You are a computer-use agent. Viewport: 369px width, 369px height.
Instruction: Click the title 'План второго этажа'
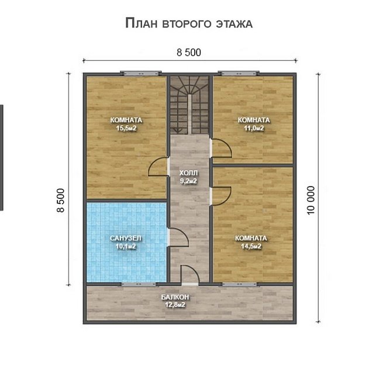(x=189, y=23)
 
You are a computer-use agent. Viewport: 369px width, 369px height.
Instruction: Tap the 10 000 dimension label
(x=311, y=200)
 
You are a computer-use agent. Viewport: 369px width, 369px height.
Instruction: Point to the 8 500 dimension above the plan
(x=189, y=53)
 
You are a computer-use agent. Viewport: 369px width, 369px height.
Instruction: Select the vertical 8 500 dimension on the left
(x=60, y=200)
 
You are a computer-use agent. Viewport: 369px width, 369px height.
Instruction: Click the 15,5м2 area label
(x=126, y=129)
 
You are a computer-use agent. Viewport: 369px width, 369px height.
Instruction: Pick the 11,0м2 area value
(x=254, y=129)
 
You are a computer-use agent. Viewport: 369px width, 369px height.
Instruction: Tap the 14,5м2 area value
(x=251, y=246)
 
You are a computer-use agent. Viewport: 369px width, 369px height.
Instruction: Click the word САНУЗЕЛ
(x=126, y=238)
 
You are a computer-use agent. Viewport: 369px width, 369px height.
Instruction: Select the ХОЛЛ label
(x=188, y=173)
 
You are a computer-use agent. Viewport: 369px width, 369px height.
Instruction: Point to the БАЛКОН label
(x=175, y=297)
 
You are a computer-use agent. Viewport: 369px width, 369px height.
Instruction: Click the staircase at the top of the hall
(x=189, y=105)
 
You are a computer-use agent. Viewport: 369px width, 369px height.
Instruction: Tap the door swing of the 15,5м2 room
(x=158, y=167)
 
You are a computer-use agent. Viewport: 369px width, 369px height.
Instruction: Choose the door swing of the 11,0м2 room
(x=222, y=148)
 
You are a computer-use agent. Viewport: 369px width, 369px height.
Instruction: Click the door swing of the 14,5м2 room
(x=222, y=196)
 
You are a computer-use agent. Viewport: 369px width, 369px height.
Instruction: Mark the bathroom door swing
(x=178, y=237)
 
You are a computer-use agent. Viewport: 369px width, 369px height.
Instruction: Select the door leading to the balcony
(x=190, y=275)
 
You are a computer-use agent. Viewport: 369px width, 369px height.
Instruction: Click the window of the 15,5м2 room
(x=141, y=73)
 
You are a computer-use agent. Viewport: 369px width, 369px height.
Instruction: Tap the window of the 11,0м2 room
(x=239, y=73)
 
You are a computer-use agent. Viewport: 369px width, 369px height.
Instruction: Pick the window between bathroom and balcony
(x=139, y=284)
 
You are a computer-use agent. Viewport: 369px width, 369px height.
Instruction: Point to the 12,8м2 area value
(x=175, y=305)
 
